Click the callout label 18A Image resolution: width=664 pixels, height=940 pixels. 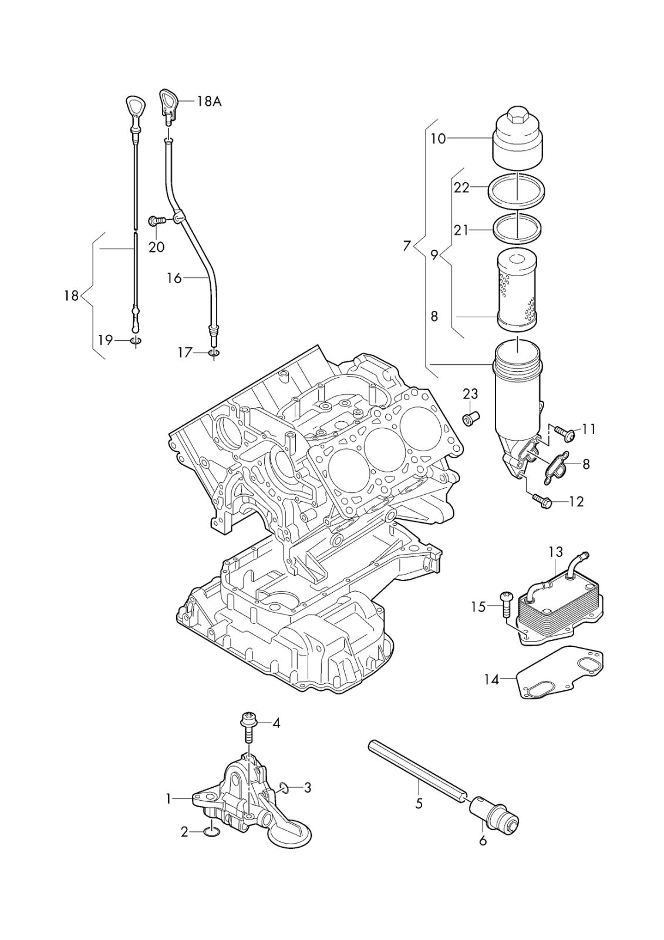208,101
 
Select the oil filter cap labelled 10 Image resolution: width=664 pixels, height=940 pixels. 517,138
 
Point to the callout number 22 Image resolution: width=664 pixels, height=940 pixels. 461,187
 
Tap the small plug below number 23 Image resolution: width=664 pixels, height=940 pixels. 470,419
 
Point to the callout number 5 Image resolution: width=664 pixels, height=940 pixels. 419,803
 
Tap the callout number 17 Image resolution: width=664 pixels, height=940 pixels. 185,352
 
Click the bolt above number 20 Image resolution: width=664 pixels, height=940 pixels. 156,220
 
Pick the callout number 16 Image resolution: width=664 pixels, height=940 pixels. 174,278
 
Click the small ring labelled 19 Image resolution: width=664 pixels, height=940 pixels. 136,341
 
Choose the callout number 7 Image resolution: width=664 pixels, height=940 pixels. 407,246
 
